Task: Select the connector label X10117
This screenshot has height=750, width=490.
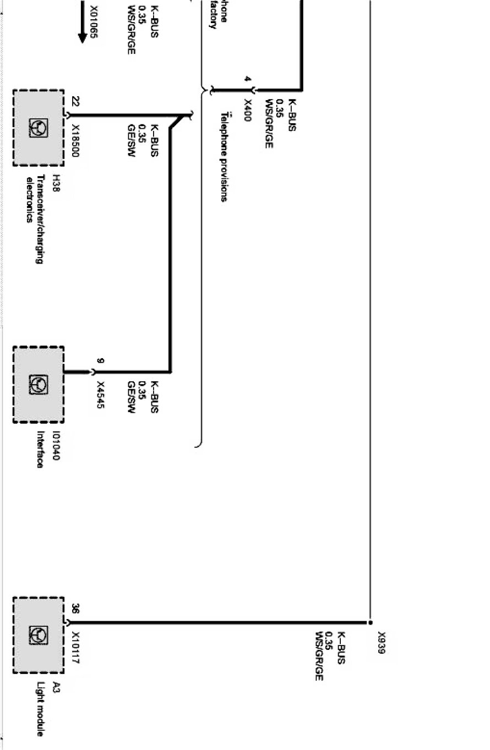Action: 75,647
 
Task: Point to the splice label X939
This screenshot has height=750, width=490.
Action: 382,642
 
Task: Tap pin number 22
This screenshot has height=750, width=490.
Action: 75,102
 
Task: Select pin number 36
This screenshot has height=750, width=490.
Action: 75,609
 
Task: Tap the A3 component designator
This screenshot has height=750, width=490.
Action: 56,686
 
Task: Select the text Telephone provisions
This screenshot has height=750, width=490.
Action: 224,157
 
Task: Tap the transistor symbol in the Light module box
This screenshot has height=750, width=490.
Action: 39,636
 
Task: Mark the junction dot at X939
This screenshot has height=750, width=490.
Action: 370,623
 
